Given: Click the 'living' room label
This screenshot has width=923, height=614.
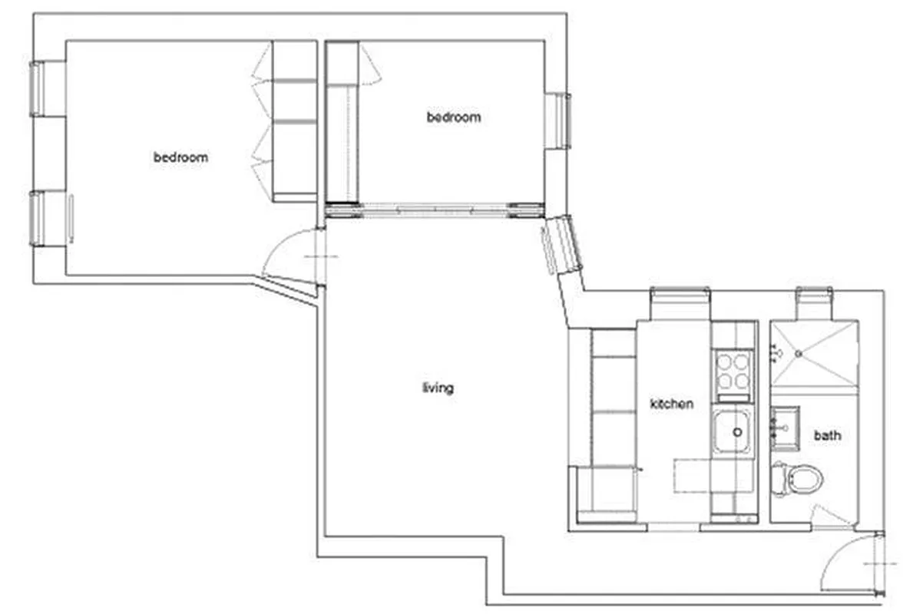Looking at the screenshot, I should pyautogui.click(x=438, y=388).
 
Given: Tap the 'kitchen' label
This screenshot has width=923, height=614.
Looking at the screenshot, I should pyautogui.click(x=672, y=404).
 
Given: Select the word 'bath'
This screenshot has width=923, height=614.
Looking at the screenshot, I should pyautogui.click(x=827, y=435).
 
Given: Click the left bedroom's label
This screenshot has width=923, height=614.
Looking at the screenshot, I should pyautogui.click(x=180, y=157).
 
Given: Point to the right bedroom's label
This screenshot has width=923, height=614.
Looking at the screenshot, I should pyautogui.click(x=454, y=117).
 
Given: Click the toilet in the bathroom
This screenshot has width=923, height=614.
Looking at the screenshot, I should pyautogui.click(x=800, y=480).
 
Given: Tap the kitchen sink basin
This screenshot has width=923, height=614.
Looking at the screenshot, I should pyautogui.click(x=733, y=432).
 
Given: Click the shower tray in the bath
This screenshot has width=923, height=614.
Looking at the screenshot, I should pyautogui.click(x=814, y=354).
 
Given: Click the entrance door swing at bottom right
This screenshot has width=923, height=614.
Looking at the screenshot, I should pyautogui.click(x=845, y=564).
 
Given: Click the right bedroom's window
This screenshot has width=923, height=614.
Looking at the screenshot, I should pyautogui.click(x=559, y=120).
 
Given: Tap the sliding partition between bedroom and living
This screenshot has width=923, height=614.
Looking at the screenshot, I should pyautogui.click(x=435, y=209).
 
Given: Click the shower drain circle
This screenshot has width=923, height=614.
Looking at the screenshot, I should pyautogui.click(x=799, y=354).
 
